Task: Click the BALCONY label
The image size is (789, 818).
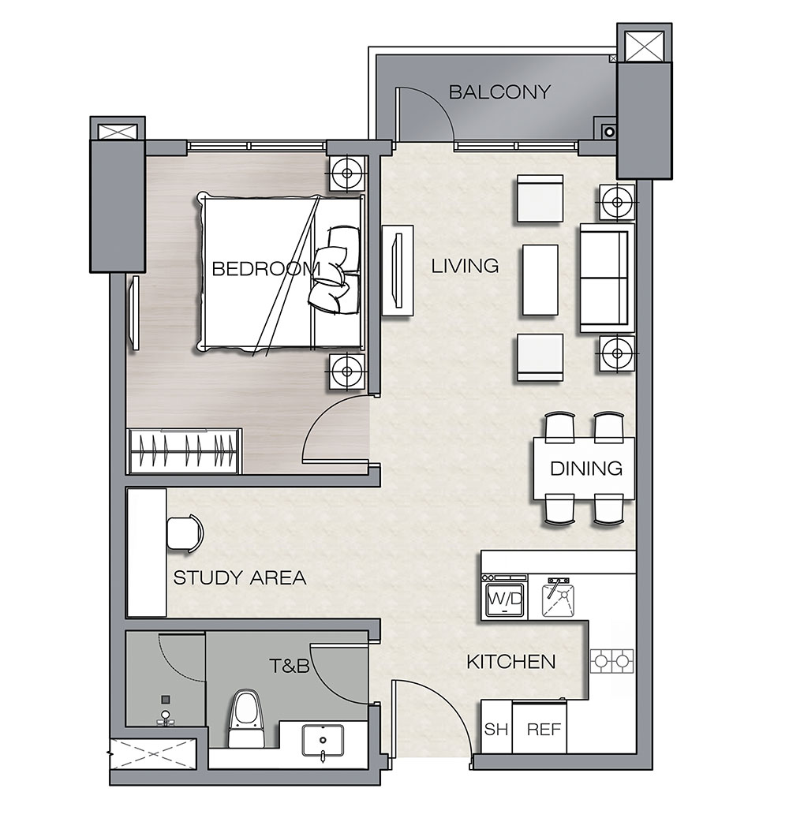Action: (499, 92)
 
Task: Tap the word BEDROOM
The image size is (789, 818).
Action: (266, 269)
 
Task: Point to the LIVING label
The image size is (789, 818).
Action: (465, 266)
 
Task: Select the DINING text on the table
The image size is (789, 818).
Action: (586, 469)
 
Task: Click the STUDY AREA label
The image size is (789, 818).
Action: (240, 577)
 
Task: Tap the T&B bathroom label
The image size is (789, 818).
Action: (289, 666)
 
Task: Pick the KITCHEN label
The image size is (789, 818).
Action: (510, 662)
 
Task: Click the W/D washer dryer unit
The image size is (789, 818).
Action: (505, 597)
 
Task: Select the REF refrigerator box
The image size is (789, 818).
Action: (540, 727)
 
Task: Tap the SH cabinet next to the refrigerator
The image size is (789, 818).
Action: (496, 727)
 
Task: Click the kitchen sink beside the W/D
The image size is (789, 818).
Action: (559, 598)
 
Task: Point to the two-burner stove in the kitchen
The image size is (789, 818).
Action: (611, 661)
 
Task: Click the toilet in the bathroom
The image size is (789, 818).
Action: (245, 719)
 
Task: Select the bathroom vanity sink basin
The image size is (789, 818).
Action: (323, 741)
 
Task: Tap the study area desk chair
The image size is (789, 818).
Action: (185, 532)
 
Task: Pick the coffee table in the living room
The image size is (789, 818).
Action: (540, 280)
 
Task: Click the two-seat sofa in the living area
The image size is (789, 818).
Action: (607, 278)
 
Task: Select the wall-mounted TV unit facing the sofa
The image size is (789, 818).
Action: (398, 271)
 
